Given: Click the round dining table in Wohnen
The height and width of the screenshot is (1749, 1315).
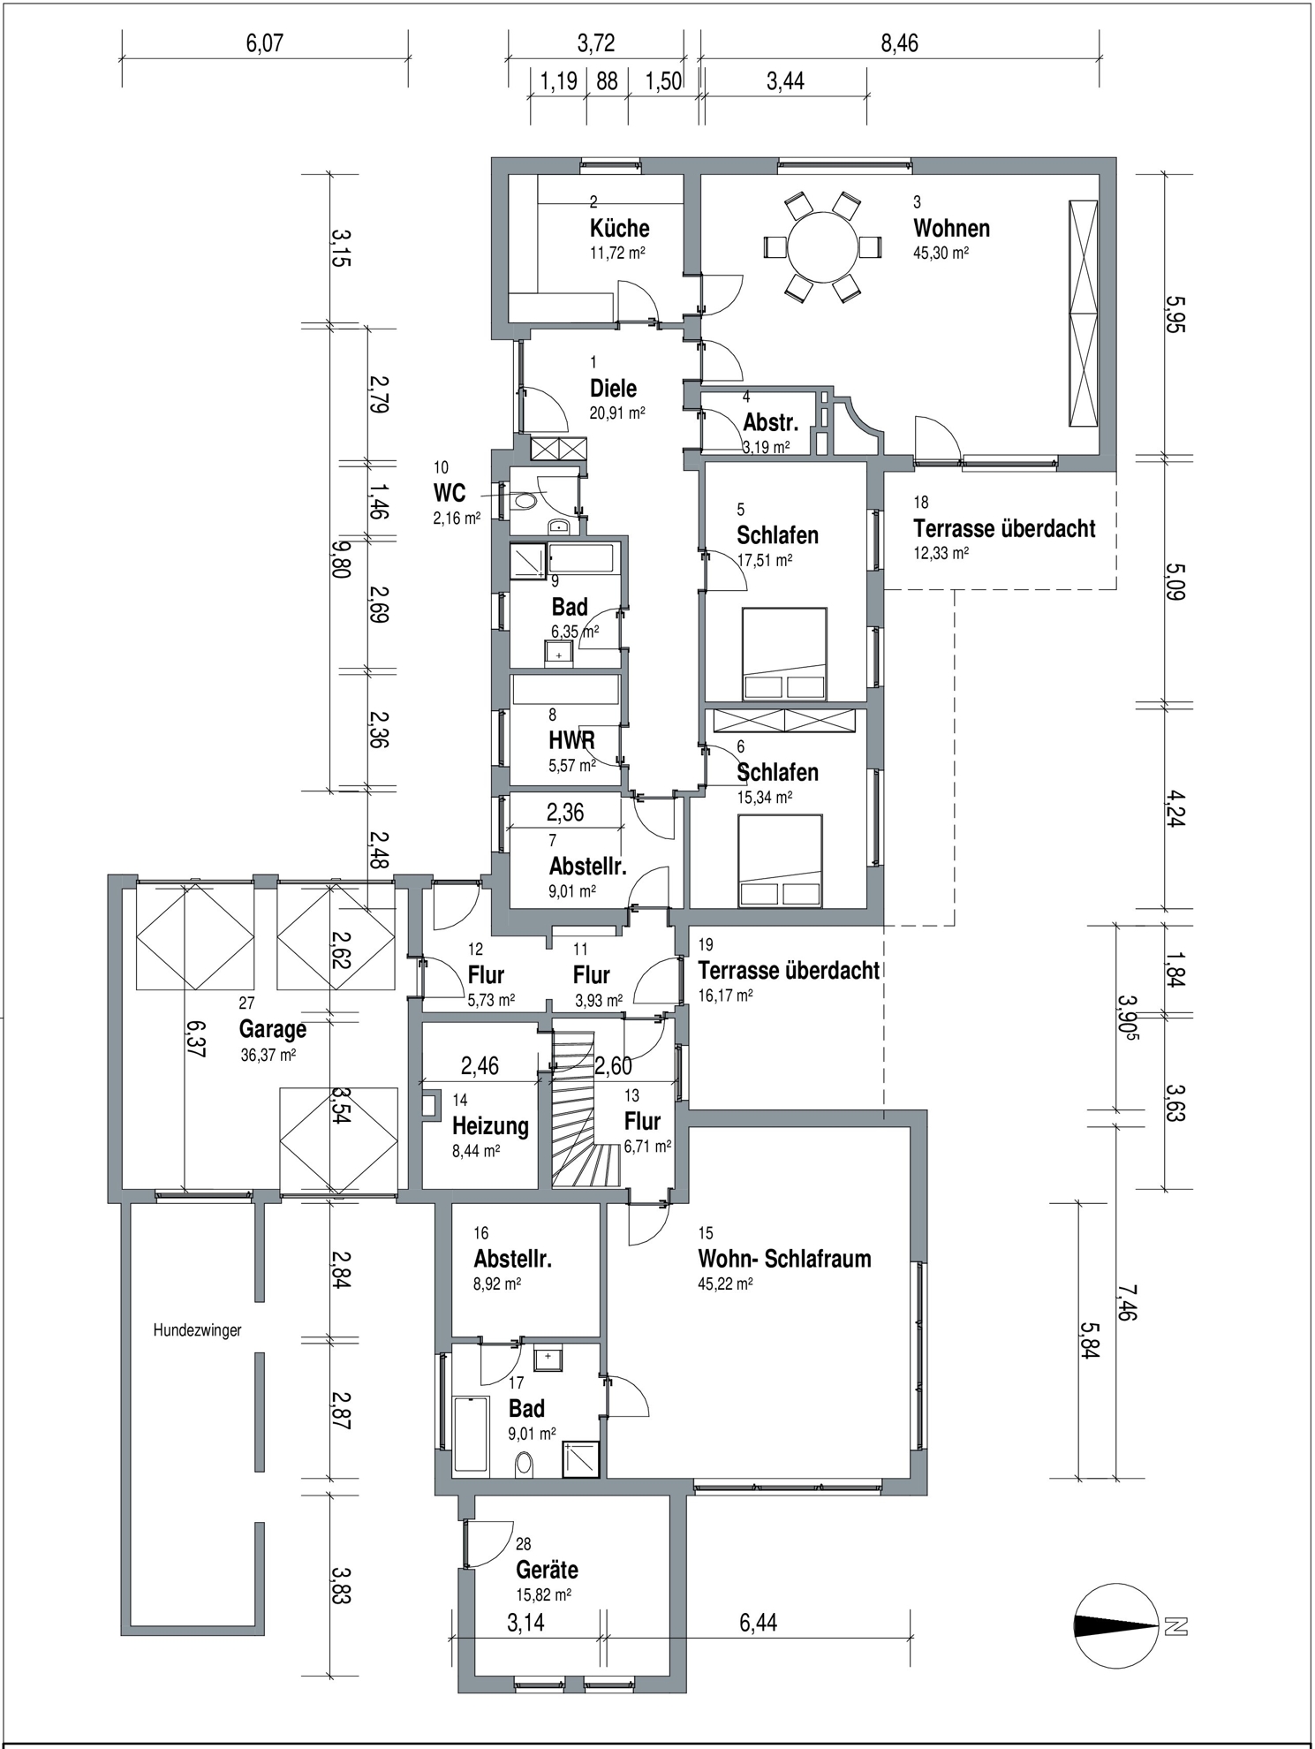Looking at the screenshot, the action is point(822,246).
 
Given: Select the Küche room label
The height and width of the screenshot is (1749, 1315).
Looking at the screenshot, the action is point(619,228).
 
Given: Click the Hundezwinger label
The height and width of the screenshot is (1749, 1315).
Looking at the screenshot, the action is point(197,1330).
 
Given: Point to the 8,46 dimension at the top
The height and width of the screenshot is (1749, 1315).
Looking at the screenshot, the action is point(899,42).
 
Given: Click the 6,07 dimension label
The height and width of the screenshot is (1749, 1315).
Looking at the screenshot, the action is point(264,42).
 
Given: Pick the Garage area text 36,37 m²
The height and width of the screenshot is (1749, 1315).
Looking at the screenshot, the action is point(268,1055).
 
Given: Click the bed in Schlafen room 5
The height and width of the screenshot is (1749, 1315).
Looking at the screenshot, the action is point(784,655).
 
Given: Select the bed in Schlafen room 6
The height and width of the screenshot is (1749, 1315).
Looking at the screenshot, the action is point(780,862).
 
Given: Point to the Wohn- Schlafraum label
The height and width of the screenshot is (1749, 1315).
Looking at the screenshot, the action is point(784,1259).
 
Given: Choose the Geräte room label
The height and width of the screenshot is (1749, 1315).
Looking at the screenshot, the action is point(547,1570).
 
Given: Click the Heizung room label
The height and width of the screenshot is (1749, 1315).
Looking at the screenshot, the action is point(490,1125).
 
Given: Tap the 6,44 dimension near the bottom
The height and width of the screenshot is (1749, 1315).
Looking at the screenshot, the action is point(758,1623).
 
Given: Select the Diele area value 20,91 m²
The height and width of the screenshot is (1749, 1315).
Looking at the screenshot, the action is point(616,413).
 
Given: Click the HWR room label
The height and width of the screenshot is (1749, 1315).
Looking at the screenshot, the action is point(571,740).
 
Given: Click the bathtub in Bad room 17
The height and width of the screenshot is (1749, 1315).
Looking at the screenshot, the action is point(471,1435).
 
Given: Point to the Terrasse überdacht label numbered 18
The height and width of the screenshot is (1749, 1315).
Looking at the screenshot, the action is point(1004,528).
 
